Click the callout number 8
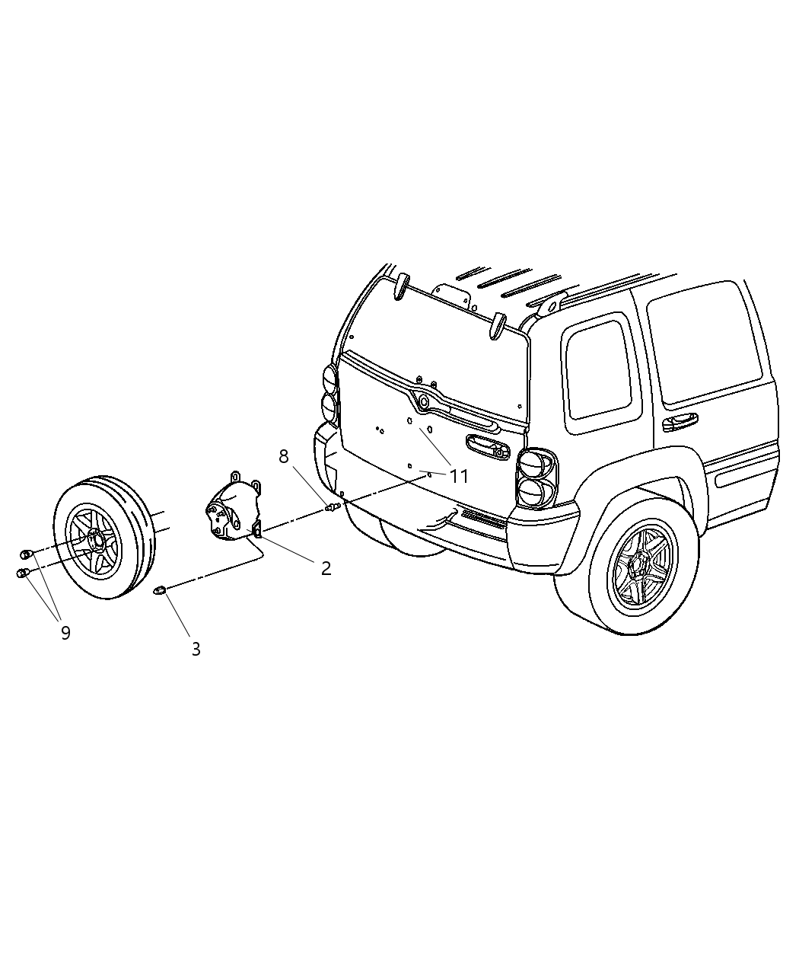click(x=284, y=456)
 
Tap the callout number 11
click(x=459, y=477)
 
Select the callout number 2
click(x=326, y=568)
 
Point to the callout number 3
click(x=196, y=649)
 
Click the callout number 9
click(x=65, y=632)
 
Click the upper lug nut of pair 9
click(x=26, y=554)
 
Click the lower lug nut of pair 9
click(x=23, y=573)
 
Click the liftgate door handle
click(x=484, y=448)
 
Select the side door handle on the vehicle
click(x=680, y=421)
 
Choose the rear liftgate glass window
click(x=438, y=335)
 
